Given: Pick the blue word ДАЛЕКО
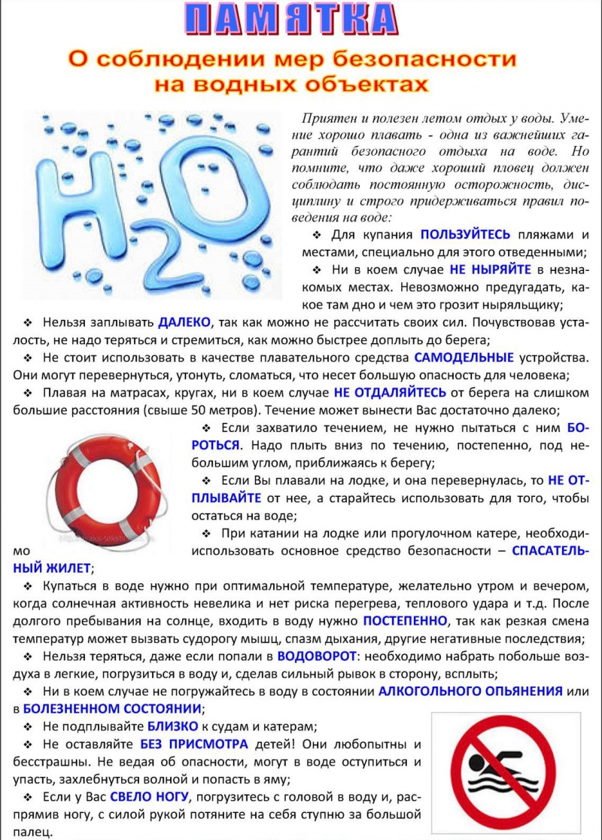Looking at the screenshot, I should (185, 322).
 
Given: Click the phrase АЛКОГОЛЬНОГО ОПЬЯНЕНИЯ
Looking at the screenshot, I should (470, 691).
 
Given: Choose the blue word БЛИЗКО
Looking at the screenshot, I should (172, 726).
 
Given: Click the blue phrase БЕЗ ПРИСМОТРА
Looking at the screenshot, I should (194, 744).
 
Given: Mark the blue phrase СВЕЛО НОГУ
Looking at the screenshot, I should (150, 796).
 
